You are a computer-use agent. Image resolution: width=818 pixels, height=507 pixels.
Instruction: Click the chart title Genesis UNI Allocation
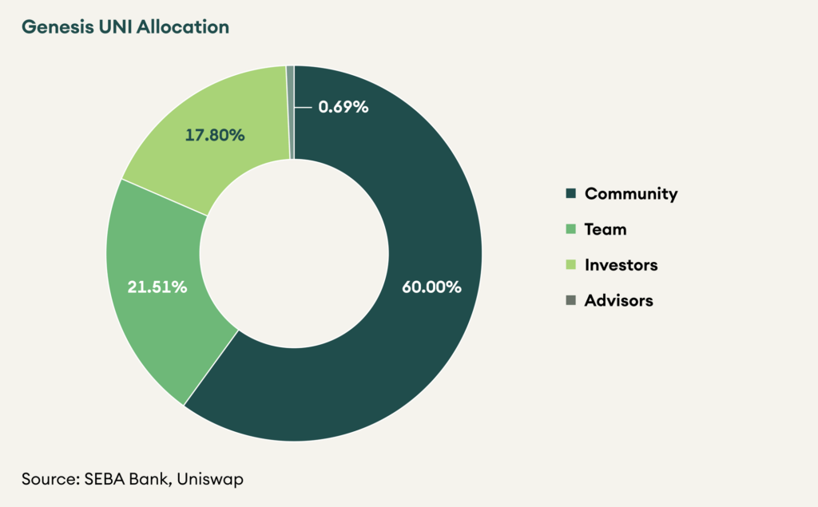pos(125,26)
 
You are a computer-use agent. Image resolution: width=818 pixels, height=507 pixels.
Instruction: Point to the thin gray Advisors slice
pos(291,112)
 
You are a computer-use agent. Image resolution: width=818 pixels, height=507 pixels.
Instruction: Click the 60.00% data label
pos(431,287)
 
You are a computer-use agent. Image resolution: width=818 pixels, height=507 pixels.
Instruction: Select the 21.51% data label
pos(157,287)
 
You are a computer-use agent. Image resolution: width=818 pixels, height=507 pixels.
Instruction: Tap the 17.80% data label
pos(215,135)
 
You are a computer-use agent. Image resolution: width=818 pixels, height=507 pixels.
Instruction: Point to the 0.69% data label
pos(343,106)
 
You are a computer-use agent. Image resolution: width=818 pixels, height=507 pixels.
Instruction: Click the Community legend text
pos(631,193)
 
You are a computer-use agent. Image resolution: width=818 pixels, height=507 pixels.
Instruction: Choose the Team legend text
pos(606,229)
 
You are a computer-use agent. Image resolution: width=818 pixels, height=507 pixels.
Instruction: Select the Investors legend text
pos(621,265)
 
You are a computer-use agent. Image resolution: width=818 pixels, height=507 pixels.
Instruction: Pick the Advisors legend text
pos(619,301)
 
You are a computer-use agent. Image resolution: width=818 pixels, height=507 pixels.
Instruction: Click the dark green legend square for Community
pos(570,194)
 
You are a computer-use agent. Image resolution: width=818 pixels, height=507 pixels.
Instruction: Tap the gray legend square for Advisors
pos(570,301)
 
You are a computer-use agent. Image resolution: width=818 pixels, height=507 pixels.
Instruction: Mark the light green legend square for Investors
pos(570,265)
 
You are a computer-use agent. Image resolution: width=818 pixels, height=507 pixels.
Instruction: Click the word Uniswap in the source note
pos(211,479)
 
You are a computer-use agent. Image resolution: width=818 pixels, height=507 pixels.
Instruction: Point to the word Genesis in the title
pos(51,26)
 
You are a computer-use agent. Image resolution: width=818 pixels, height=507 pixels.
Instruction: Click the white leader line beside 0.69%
pos(304,106)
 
